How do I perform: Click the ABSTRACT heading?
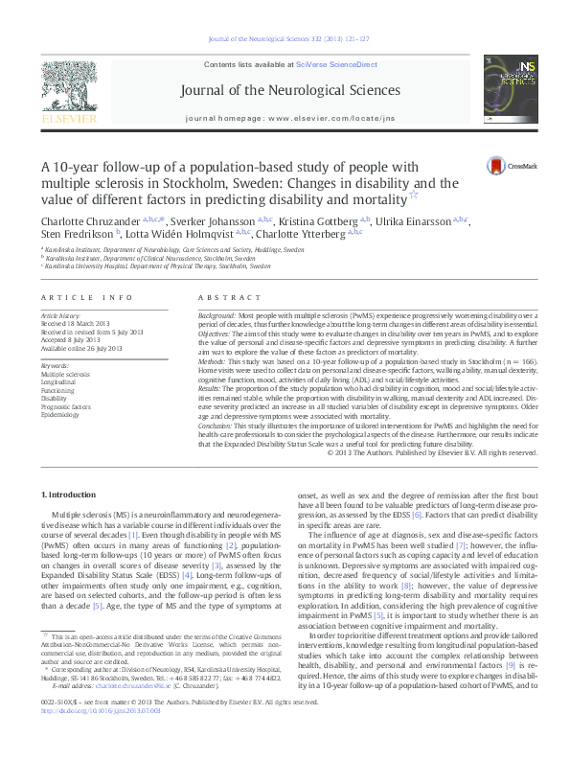(x=223, y=298)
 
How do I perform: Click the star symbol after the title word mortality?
(x=413, y=195)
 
